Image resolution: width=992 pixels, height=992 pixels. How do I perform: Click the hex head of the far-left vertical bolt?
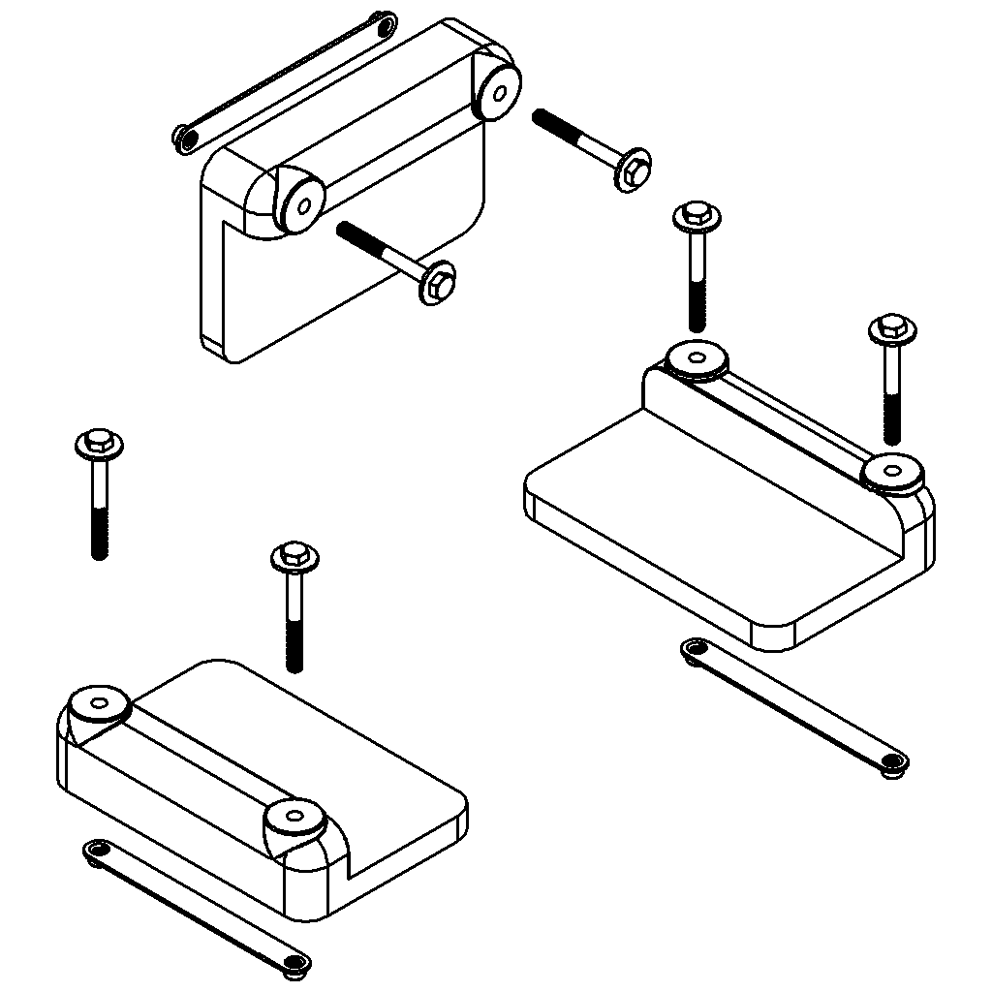pos(98,446)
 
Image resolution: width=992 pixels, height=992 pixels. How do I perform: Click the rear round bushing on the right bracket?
pos(697,359)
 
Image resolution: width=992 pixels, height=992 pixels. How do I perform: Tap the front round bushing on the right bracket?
pos(893,473)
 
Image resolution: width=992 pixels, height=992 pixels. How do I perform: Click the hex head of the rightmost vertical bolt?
pos(892,331)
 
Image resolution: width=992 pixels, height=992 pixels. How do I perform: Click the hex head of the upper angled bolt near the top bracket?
pos(632,170)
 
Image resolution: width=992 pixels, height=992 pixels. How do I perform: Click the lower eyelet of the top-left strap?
pos(184,137)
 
